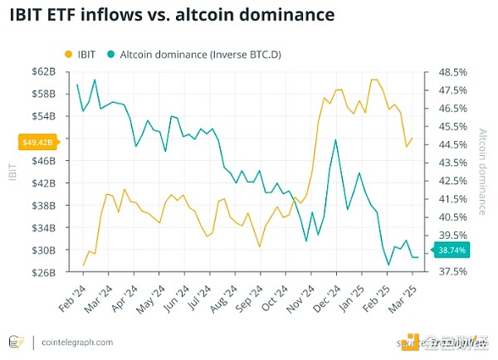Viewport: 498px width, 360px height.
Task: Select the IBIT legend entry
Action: pyautogui.click(x=80, y=54)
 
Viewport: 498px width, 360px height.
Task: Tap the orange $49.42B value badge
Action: pyautogui.click(x=37, y=143)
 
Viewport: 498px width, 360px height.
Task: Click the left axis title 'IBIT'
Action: pyautogui.click(x=13, y=172)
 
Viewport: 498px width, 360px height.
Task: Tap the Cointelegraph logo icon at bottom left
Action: pyautogui.click(x=14, y=342)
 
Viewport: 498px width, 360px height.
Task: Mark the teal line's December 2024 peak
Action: pyautogui.click(x=335, y=139)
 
